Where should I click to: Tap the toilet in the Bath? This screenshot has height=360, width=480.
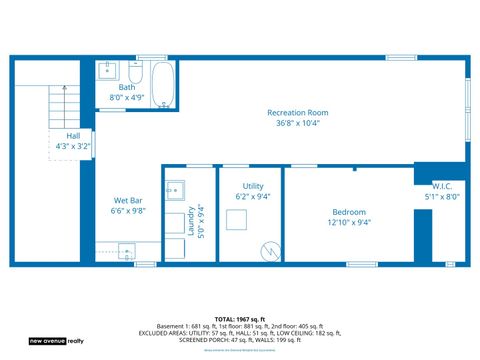135,73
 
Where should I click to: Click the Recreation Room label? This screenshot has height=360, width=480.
297,112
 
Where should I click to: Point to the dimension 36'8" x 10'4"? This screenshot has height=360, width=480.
297,123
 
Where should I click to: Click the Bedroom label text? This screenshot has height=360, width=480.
349,212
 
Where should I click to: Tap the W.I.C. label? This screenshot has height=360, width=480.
444,186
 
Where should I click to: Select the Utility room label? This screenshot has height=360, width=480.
253,186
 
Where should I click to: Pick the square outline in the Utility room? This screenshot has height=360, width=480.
236,220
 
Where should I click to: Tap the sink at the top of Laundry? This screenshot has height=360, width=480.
176,188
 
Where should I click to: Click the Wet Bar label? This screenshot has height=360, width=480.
127,200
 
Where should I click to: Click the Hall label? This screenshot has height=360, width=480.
73,135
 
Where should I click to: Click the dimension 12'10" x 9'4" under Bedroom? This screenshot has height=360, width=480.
349,223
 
